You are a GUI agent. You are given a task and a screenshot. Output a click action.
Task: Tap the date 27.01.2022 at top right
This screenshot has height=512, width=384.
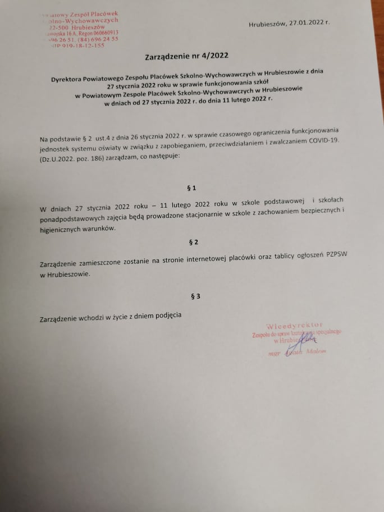pyautogui.click(x=307, y=24)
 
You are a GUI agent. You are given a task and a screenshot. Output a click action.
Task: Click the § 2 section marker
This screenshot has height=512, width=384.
pyautogui.click(x=194, y=242)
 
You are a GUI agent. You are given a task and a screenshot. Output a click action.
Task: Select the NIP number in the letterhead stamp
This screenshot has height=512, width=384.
pyautogui.click(x=79, y=45)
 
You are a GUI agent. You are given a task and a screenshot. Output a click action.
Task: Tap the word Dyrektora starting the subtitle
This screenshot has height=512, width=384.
pyautogui.click(x=70, y=79)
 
